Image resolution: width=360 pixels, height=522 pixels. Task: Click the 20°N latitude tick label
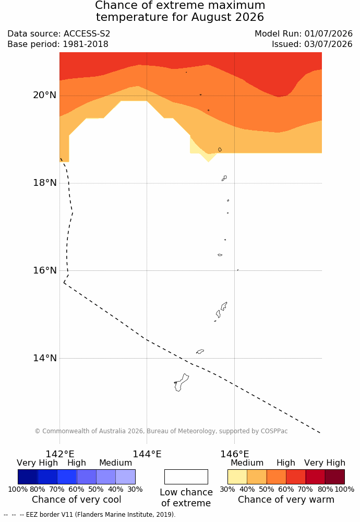(x=44, y=95)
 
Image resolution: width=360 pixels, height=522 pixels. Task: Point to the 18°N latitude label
(x=44, y=183)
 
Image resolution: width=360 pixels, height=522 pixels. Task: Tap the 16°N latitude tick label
(x=44, y=270)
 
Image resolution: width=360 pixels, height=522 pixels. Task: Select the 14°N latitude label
(x=44, y=358)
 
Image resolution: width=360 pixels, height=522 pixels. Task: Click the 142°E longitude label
(x=60, y=454)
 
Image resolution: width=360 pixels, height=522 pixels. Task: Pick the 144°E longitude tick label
(x=147, y=454)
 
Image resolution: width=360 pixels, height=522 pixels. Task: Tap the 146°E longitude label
(x=235, y=454)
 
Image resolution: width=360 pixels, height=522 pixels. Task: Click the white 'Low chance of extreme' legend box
(x=186, y=477)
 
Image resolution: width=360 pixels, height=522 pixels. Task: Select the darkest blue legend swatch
(x=28, y=477)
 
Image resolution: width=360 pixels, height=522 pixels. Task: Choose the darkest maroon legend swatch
(x=335, y=477)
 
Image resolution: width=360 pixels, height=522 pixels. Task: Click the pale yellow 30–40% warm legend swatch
(x=237, y=477)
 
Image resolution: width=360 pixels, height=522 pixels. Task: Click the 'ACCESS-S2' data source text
(x=87, y=33)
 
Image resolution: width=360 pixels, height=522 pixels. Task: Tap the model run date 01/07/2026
(x=328, y=33)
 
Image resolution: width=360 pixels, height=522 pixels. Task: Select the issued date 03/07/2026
(x=328, y=44)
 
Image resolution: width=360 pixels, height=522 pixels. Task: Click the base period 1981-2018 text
(x=86, y=44)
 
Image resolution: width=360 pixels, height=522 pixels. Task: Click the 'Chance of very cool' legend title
(x=77, y=500)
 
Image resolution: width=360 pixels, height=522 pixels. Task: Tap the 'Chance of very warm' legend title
(x=286, y=500)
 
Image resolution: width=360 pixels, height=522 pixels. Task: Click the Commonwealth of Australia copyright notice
(x=161, y=431)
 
